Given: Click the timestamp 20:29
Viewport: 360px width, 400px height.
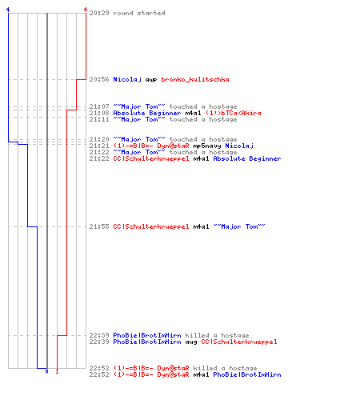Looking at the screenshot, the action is tap(99, 13).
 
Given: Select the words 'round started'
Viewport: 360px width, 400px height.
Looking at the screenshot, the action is tap(139, 13).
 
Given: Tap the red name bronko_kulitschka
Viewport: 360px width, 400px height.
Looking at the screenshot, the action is tap(195, 79).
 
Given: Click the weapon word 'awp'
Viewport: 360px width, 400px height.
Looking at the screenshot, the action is tap(151, 80).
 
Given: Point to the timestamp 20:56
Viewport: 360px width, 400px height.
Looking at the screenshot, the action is tap(99, 79).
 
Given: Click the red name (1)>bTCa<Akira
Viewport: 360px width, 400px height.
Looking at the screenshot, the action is tap(233, 113).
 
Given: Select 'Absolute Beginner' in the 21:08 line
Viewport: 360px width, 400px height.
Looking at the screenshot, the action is tap(147, 113).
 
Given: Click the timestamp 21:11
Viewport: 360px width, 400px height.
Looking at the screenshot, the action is tap(99, 119).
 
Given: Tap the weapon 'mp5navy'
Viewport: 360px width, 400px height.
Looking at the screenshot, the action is tap(207, 146).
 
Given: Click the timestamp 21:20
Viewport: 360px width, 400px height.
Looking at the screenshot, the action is tap(99, 139).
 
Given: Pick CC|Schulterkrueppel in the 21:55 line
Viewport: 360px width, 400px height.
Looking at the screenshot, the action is tap(151, 226).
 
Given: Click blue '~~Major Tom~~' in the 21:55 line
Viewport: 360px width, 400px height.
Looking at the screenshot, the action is tap(239, 226).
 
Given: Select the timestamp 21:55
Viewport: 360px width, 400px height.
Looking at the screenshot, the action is tap(99, 226).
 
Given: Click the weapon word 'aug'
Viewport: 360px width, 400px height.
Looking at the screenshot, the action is tap(191, 342).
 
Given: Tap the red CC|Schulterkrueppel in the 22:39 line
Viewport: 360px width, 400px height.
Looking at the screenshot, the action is tap(239, 342).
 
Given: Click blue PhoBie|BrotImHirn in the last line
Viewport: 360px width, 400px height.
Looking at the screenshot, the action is tap(247, 374).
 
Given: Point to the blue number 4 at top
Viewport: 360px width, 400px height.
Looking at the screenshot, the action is tap(8, 10).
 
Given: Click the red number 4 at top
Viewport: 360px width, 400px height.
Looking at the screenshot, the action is tap(86, 10).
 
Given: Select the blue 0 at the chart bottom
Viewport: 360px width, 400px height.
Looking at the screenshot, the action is tap(46, 371).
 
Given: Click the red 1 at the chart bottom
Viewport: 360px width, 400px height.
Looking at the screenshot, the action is tap(57, 371).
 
